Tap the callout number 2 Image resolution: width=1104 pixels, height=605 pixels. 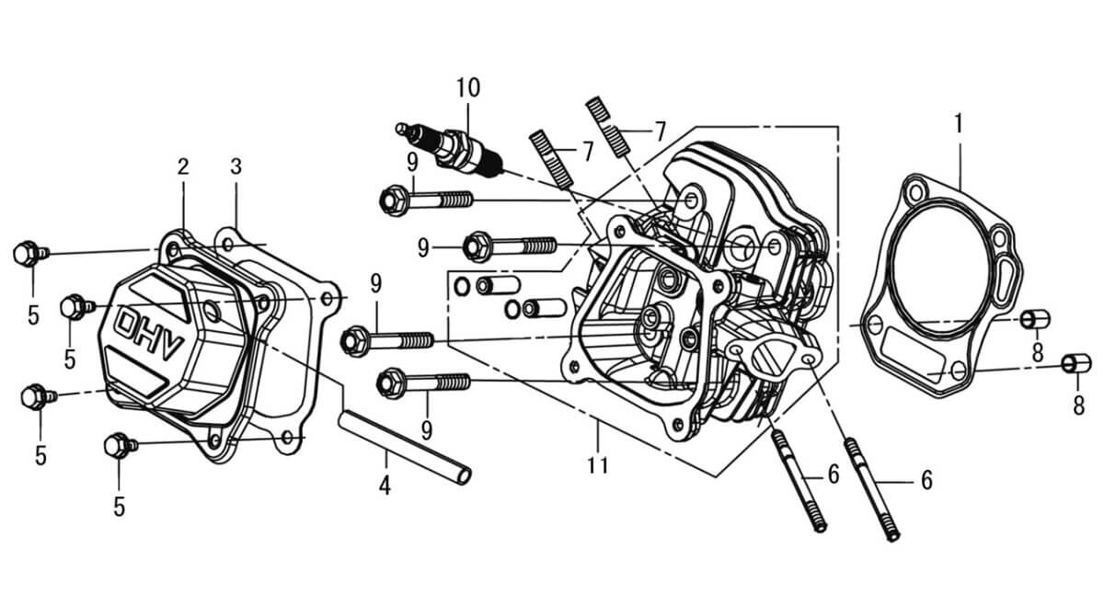(x=183, y=167)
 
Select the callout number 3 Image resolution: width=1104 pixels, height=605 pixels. (x=236, y=167)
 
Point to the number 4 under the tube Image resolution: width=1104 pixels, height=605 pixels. (x=385, y=485)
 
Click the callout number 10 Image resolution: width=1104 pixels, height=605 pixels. (x=467, y=88)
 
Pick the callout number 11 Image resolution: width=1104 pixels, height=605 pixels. (x=598, y=465)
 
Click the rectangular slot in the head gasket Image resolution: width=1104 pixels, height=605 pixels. (x=911, y=353)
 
